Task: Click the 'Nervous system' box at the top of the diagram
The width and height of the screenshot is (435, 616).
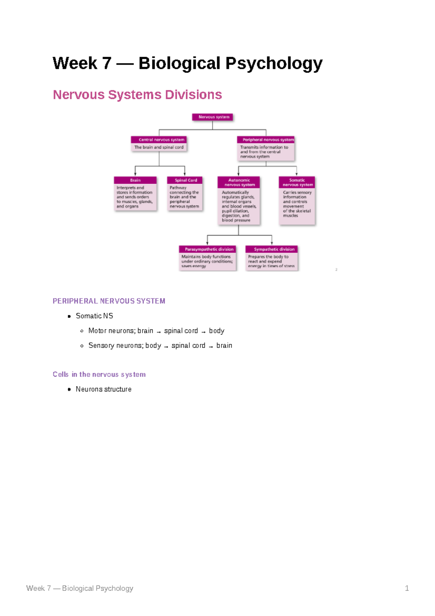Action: click(213, 117)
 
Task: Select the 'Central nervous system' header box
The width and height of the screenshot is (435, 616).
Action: click(159, 140)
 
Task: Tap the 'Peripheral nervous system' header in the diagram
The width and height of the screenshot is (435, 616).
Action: click(266, 140)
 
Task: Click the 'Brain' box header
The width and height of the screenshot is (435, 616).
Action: click(135, 180)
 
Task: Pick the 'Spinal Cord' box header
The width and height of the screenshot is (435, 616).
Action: click(185, 180)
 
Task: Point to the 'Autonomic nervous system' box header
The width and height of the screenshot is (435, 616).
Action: click(239, 182)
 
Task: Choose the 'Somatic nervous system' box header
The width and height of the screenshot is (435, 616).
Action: click(297, 182)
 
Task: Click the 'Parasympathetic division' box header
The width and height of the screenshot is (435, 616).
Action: click(207, 249)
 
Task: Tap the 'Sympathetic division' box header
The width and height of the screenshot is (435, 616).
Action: click(272, 249)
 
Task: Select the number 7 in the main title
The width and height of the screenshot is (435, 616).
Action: click(107, 63)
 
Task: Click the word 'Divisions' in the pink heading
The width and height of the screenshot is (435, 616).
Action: click(193, 95)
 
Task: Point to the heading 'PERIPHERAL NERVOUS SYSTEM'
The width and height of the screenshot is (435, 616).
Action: click(109, 301)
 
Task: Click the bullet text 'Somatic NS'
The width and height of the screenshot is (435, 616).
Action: click(94, 316)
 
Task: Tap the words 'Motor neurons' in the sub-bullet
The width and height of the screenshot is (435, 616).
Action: click(112, 331)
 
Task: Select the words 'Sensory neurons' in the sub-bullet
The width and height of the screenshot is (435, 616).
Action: click(116, 346)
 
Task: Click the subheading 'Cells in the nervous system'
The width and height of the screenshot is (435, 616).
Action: click(99, 374)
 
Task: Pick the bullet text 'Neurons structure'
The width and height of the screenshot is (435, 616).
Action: click(103, 389)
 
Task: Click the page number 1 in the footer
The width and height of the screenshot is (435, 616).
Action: click(407, 588)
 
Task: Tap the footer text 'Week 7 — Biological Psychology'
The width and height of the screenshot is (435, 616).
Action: click(80, 588)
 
